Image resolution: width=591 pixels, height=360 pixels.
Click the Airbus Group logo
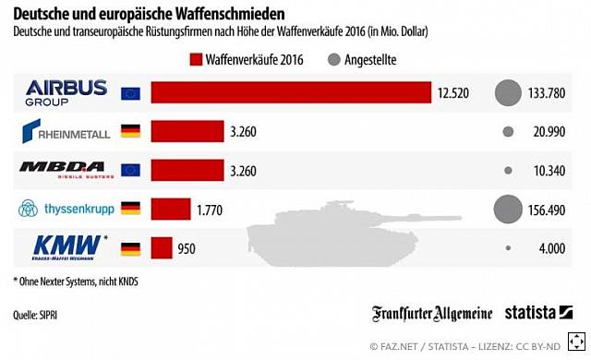(66, 92)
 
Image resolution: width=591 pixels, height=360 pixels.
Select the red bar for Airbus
(291, 93)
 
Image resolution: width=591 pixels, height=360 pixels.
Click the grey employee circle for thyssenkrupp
(508, 210)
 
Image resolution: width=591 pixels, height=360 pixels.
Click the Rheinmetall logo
(66, 131)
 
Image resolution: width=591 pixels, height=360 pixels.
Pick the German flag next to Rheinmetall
(130, 132)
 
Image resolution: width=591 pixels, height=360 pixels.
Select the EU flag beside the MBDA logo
(130, 171)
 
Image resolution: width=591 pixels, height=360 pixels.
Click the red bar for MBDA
(188, 171)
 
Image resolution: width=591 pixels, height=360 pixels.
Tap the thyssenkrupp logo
(66, 210)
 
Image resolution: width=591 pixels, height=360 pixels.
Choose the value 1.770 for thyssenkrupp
(211, 210)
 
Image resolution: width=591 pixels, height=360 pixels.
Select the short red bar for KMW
(162, 248)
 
